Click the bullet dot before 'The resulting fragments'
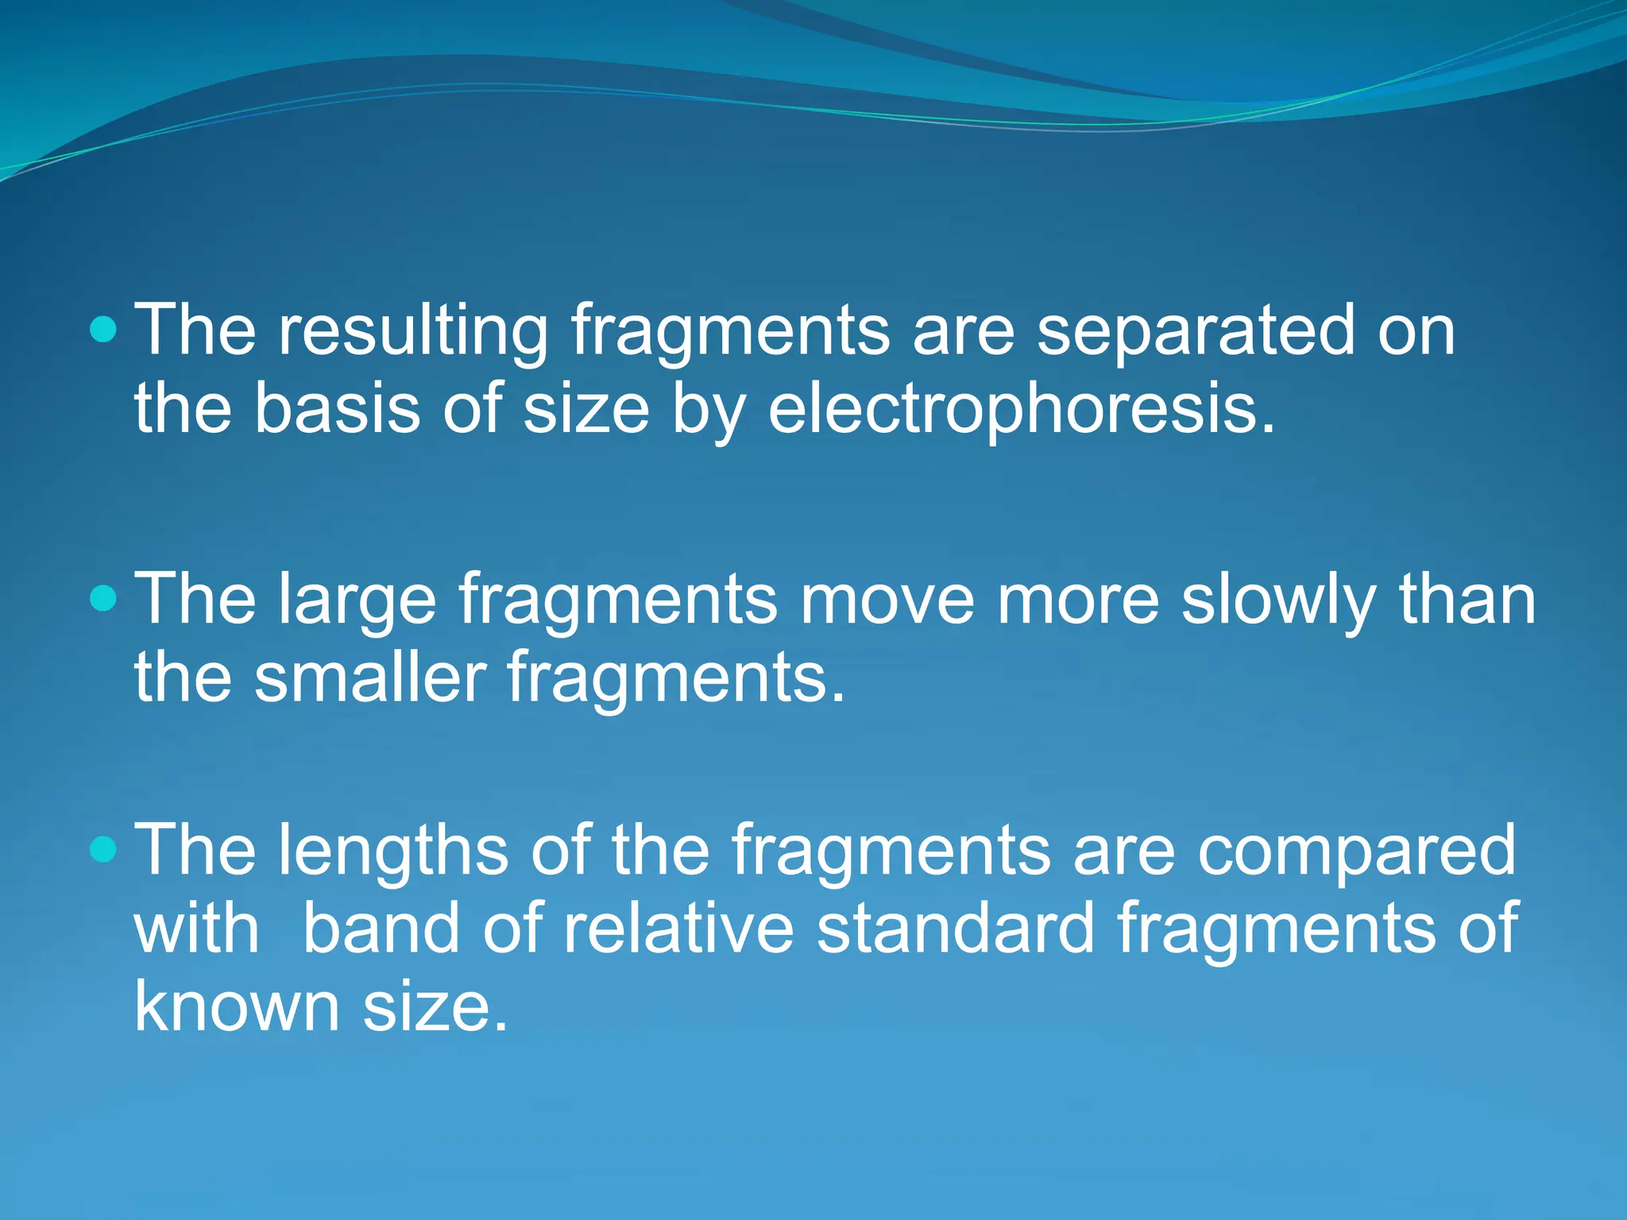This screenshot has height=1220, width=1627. (x=103, y=328)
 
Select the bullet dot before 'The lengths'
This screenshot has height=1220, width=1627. (x=103, y=849)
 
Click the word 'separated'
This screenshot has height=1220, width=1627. (x=1196, y=332)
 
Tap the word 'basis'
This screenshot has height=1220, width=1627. (x=337, y=408)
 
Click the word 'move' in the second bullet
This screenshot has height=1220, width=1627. (x=887, y=600)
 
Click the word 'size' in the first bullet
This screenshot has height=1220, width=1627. (x=586, y=410)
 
